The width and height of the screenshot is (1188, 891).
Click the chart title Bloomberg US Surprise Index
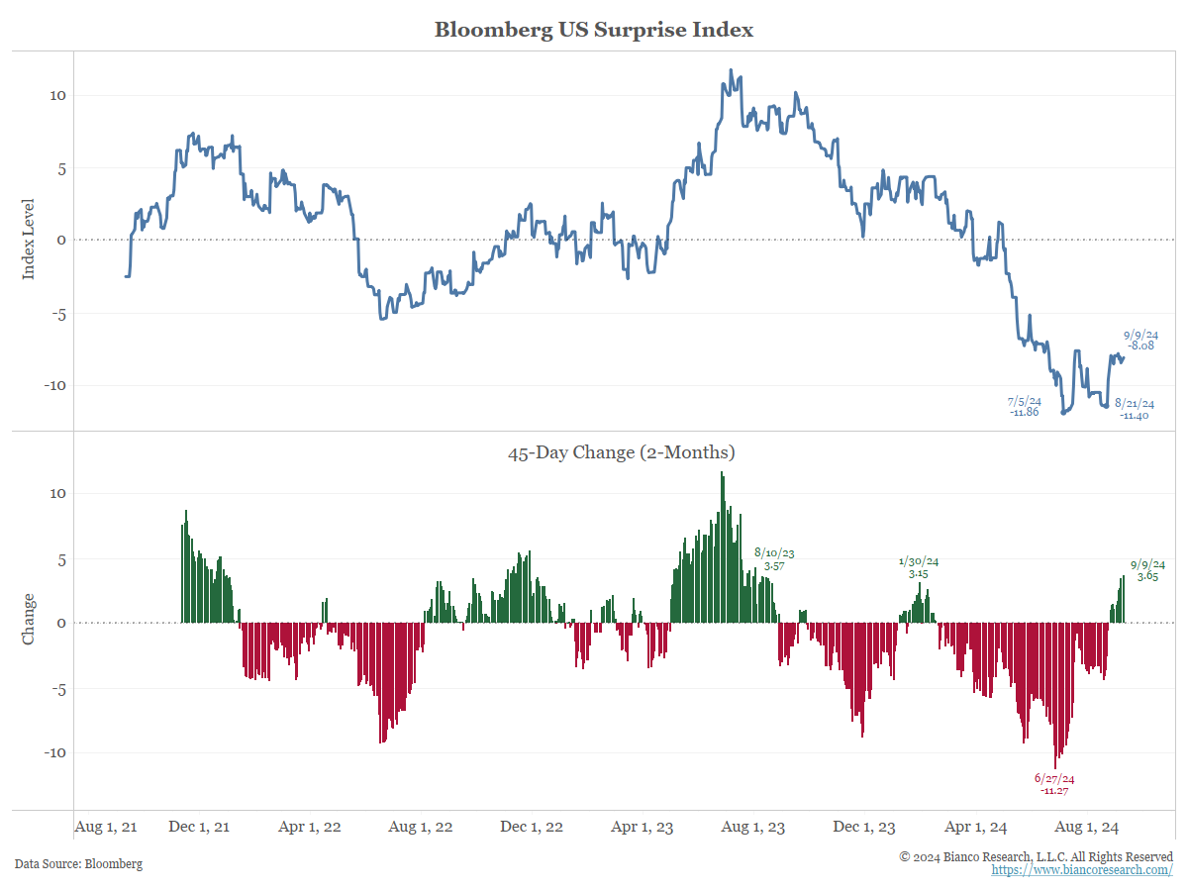click(594, 30)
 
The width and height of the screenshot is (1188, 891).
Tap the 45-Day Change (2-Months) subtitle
click(621, 453)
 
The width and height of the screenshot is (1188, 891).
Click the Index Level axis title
click(29, 238)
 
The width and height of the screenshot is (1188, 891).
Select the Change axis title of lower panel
click(29, 619)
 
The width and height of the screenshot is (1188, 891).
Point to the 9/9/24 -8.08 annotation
click(1140, 341)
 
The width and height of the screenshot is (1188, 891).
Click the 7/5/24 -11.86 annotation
click(1025, 406)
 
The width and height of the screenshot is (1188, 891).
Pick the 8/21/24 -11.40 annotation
click(1134, 409)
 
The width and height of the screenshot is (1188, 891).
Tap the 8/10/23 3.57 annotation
click(774, 559)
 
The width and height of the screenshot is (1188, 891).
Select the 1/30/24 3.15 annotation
click(918, 567)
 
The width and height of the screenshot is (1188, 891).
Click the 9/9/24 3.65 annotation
click(1147, 570)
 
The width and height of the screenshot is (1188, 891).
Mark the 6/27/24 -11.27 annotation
click(1054, 784)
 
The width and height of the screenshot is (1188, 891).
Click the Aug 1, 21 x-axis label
click(106, 827)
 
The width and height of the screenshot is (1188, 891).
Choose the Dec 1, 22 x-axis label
click(532, 827)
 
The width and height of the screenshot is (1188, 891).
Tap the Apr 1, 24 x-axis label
click(976, 827)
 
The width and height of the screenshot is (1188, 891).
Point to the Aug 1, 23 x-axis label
click(754, 827)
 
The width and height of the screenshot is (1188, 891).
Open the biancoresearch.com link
click(1082, 869)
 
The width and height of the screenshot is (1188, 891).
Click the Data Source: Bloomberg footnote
click(78, 863)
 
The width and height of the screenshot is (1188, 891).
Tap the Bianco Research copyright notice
click(1036, 855)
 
